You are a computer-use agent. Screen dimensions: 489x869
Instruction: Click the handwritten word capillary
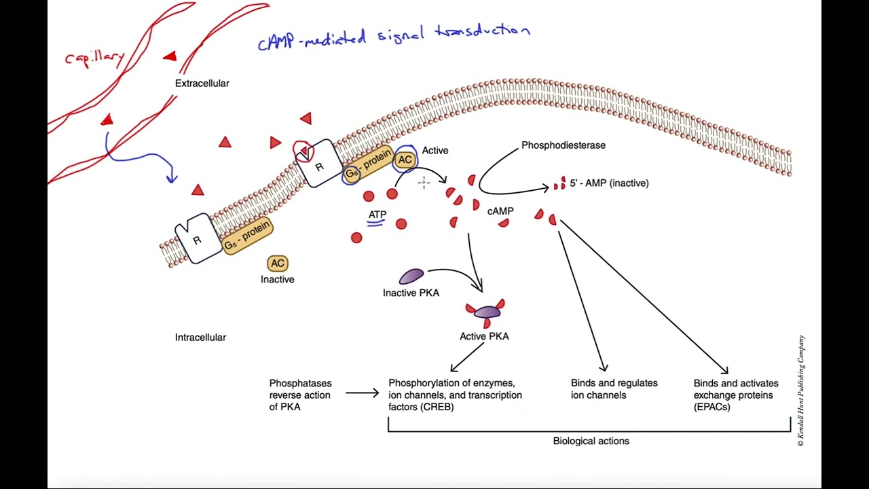coord(95,58)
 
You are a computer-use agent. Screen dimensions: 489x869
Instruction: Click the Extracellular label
coord(202,84)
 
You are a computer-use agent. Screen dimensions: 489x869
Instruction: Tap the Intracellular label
coord(200,338)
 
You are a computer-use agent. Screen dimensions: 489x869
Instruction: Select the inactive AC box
coord(278,264)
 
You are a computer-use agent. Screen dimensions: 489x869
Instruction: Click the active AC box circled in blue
coord(405,160)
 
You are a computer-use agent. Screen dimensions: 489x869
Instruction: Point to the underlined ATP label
coord(377,215)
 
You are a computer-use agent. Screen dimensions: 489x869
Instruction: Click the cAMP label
coord(500,211)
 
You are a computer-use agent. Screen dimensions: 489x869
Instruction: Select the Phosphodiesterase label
coord(563,145)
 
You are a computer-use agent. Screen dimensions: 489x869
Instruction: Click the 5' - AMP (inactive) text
coord(609,183)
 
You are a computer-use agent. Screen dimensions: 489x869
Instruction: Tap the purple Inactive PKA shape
coord(411,276)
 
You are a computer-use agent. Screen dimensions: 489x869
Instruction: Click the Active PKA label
coord(484,336)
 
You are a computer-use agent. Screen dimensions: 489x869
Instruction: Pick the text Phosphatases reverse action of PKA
coord(300,395)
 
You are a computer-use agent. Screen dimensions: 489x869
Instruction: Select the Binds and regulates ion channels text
coord(614,389)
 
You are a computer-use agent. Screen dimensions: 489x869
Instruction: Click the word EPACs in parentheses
coord(711,407)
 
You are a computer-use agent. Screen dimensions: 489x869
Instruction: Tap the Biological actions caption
coord(591,441)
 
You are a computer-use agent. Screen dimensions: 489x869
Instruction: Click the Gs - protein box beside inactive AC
coord(247,235)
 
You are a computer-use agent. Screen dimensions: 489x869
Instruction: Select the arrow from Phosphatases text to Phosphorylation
coord(362,393)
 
